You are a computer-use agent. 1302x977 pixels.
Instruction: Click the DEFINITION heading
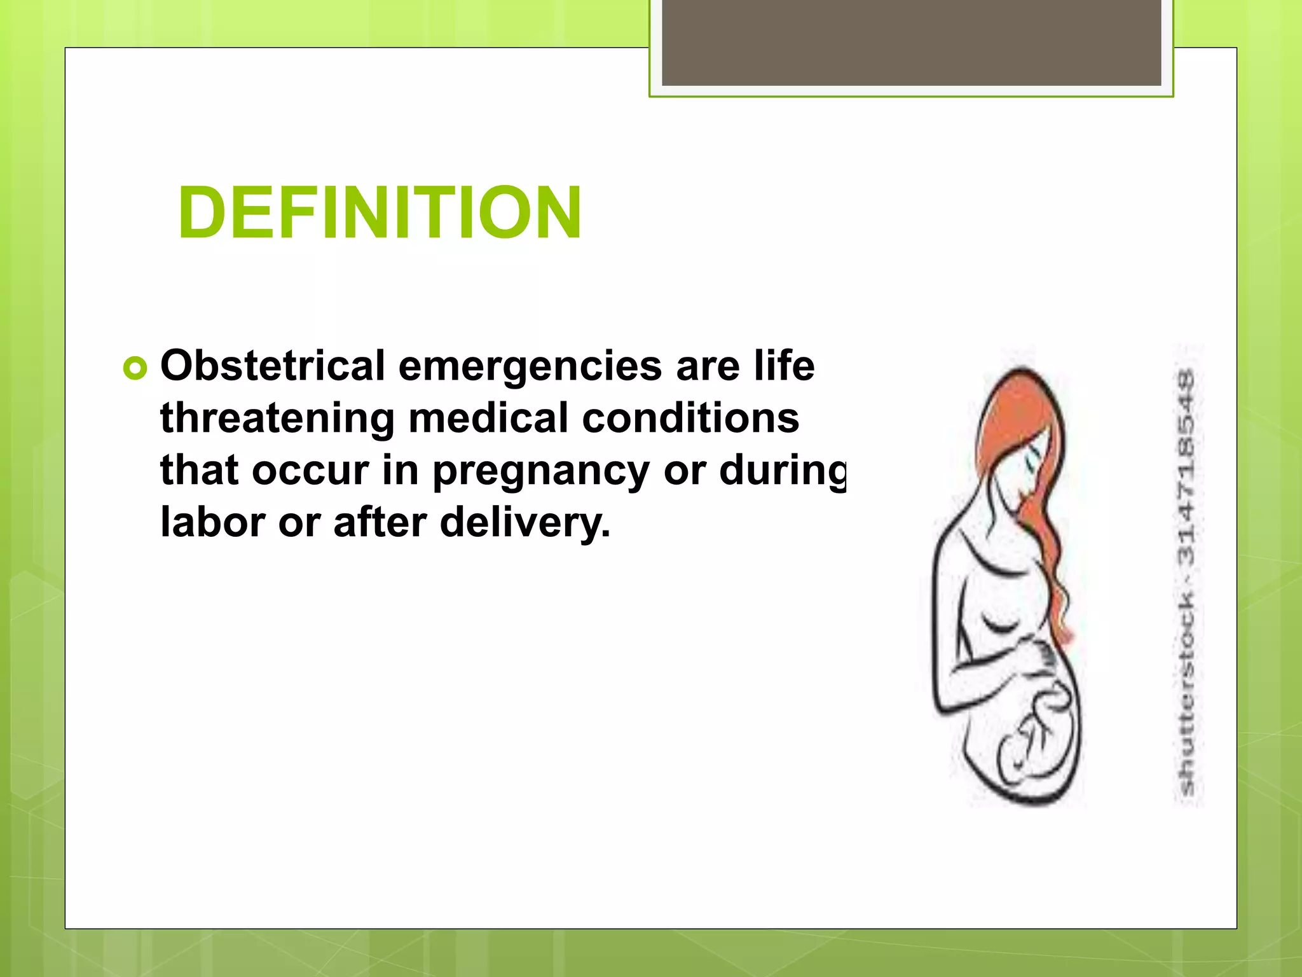(380, 212)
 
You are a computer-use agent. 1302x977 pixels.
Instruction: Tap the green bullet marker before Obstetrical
(135, 368)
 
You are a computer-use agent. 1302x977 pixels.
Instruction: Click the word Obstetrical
(273, 366)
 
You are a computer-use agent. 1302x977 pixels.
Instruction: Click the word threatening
(277, 419)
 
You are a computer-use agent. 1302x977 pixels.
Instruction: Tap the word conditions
(690, 419)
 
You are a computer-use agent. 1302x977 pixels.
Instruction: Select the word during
(783, 471)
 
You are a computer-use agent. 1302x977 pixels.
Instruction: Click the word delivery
(524, 523)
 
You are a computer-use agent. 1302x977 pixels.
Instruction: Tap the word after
(380, 522)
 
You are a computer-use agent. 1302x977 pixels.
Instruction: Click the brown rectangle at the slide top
(911, 42)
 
